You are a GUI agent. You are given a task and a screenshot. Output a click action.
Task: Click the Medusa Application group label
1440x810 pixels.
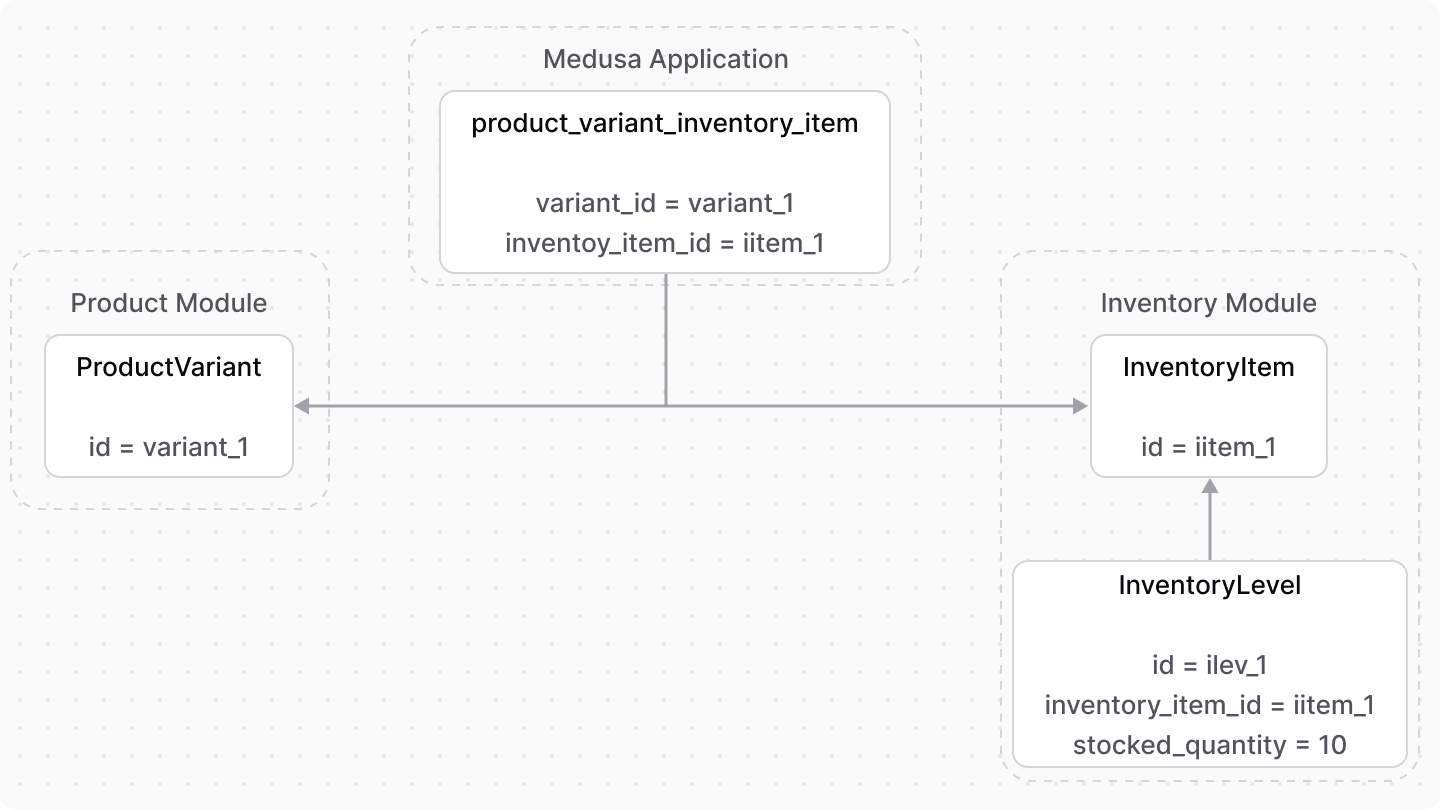665,59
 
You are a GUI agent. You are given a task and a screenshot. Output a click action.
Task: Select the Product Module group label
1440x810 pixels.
169,303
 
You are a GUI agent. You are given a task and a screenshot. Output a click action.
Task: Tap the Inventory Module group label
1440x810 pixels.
1208,303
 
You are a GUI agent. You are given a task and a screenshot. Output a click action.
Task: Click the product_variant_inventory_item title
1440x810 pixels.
665,124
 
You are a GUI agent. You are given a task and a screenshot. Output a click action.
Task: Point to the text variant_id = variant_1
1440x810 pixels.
665,204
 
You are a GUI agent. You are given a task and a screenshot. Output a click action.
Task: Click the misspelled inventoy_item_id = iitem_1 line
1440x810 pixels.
665,243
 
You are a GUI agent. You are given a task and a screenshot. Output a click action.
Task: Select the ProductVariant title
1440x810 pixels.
169,367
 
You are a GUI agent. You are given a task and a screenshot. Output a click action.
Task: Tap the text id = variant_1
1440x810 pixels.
169,447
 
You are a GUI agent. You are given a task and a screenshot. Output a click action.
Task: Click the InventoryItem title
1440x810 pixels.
1208,367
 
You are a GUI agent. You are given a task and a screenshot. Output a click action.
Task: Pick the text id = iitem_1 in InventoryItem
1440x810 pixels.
1208,447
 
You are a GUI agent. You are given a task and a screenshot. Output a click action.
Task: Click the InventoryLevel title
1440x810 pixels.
1209,585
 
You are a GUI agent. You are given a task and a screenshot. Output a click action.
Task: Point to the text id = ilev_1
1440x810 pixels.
1209,665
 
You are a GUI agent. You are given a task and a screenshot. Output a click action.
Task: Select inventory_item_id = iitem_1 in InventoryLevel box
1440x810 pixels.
1209,705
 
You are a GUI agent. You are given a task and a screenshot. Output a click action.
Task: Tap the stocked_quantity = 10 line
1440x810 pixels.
1209,745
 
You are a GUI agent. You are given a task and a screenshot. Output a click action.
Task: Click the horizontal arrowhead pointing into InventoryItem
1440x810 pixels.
1080,406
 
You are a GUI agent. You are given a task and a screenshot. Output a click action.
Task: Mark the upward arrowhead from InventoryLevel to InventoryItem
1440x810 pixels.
1210,487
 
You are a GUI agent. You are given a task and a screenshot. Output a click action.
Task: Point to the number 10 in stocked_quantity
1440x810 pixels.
1331,745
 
